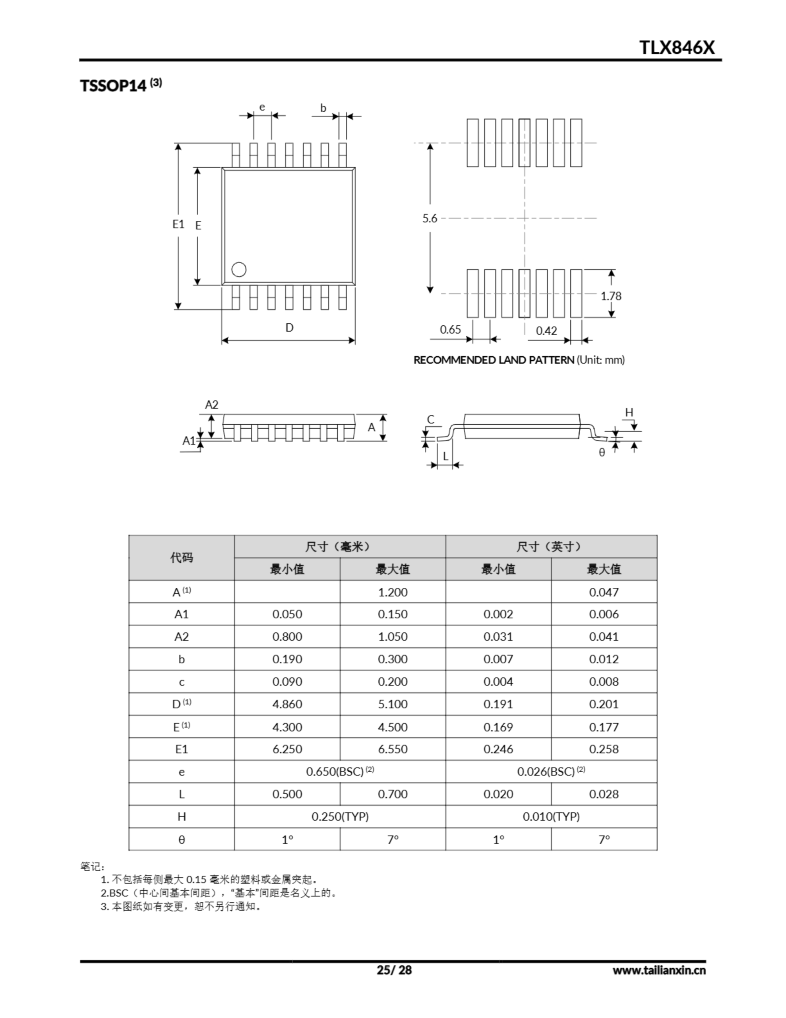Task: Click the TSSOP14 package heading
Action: click(x=113, y=86)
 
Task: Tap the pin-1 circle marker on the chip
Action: click(x=238, y=270)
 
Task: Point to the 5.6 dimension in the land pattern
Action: click(x=430, y=218)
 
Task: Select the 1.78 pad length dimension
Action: click(x=610, y=296)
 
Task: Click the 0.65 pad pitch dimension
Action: click(x=450, y=330)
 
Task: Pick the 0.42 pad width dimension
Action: click(x=546, y=330)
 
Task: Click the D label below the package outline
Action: click(x=289, y=328)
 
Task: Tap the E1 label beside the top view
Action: click(x=178, y=224)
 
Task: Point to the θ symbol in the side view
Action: click(x=602, y=452)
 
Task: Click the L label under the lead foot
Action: click(x=445, y=457)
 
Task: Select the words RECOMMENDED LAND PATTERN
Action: click(x=494, y=360)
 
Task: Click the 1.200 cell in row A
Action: click(x=392, y=592)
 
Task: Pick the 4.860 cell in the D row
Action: click(x=287, y=704)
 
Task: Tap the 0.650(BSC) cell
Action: click(x=340, y=771)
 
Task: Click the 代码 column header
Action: click(x=181, y=558)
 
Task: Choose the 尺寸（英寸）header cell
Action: click(x=551, y=546)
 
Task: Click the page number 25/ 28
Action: click(x=394, y=970)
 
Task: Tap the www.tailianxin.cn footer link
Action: click(x=659, y=970)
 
